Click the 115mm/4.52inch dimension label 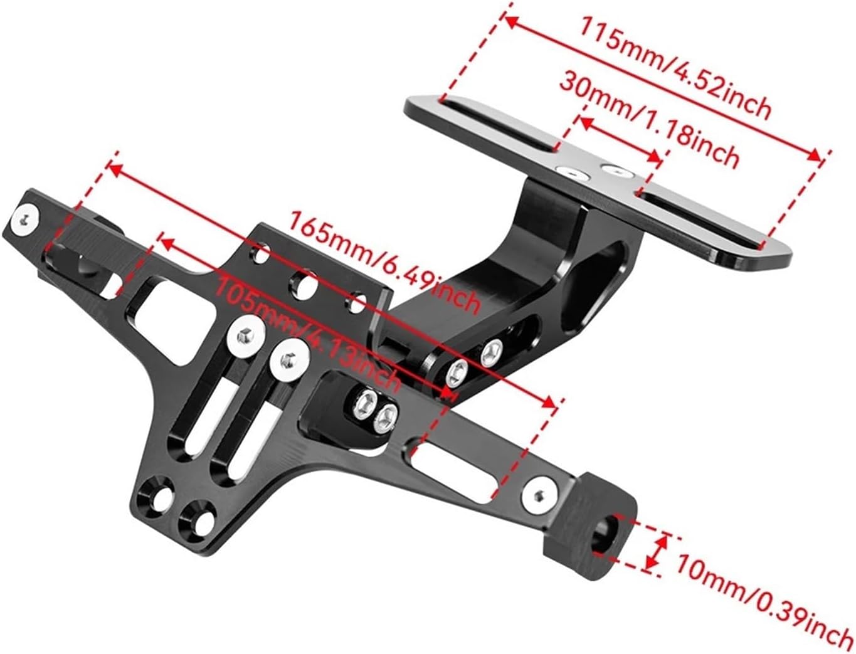click(674, 68)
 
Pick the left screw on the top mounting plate click(572, 171)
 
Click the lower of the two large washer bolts click(288, 360)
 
